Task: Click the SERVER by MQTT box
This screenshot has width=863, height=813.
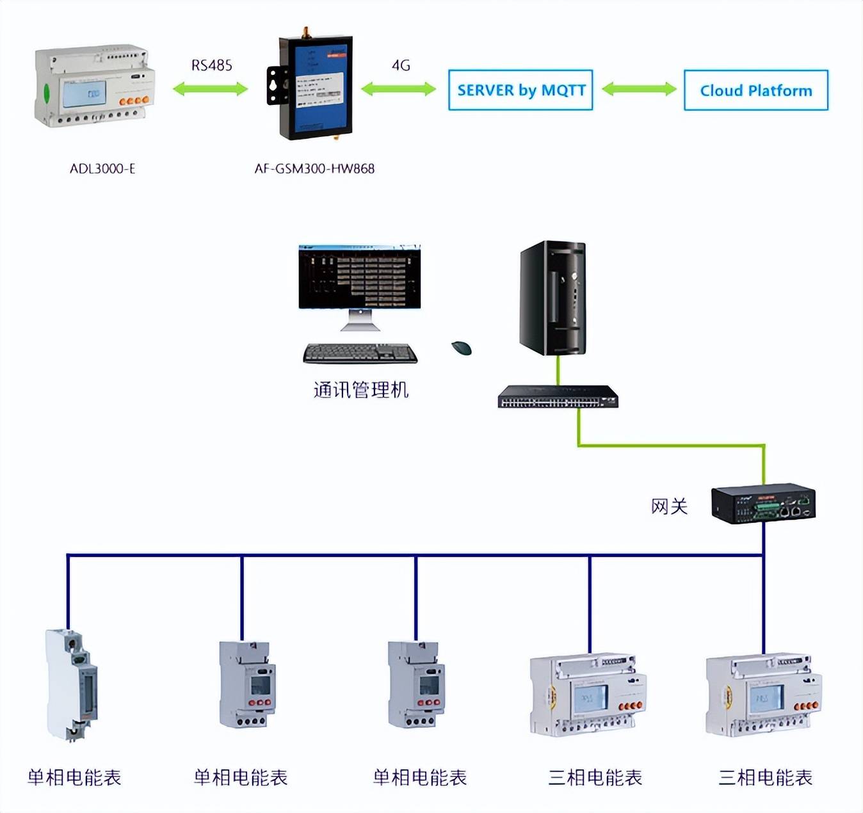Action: click(520, 90)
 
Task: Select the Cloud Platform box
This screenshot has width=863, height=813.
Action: click(755, 90)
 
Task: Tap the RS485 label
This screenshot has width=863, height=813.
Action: click(211, 65)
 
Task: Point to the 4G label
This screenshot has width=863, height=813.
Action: click(401, 65)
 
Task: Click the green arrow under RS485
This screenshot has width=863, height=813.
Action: click(211, 89)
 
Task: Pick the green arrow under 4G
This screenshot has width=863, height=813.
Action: click(398, 89)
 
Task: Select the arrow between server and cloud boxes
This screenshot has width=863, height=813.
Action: click(639, 89)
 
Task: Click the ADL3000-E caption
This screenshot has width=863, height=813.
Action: click(102, 169)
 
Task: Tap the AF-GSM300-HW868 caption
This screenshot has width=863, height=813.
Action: click(314, 169)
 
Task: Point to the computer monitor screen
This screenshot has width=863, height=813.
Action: click(359, 277)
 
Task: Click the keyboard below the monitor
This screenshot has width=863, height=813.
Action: click(360, 353)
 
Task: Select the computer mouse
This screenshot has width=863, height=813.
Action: click(462, 348)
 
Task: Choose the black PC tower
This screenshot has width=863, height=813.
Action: click(553, 298)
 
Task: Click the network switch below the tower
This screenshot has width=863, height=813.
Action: click(558, 397)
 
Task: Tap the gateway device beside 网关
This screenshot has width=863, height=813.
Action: click(763, 504)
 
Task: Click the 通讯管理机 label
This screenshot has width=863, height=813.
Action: click(361, 390)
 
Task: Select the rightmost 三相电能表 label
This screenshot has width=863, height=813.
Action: click(765, 778)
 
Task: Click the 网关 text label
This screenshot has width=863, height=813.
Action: click(669, 506)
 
